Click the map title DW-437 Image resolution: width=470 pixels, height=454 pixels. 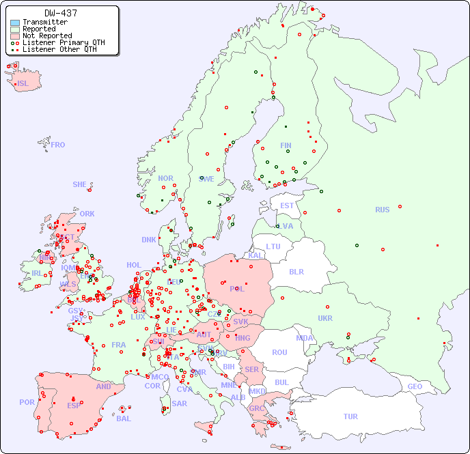pyautogui.click(x=61, y=13)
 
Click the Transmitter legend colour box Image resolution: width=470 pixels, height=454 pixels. pyautogui.click(x=15, y=23)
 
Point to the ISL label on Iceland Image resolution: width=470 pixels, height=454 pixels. pyautogui.click(x=23, y=84)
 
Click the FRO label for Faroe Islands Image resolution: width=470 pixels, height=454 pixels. pyautogui.click(x=58, y=145)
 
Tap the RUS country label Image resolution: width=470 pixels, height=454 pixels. pyautogui.click(x=382, y=210)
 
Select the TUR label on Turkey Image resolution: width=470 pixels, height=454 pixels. pyautogui.click(x=350, y=416)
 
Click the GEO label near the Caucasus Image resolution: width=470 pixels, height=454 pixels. pyautogui.click(x=415, y=386)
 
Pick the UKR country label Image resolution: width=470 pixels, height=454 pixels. pyautogui.click(x=325, y=318)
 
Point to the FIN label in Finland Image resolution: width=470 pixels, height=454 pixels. pyautogui.click(x=286, y=145)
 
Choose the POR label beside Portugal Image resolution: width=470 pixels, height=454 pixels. pyautogui.click(x=27, y=402)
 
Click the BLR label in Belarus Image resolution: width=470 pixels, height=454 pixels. pyautogui.click(x=296, y=272)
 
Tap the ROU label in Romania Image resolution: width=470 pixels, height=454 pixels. pyautogui.click(x=279, y=352)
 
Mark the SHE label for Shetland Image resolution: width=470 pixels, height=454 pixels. pyautogui.click(x=79, y=184)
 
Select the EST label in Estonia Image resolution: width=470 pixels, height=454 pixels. pyautogui.click(x=287, y=205)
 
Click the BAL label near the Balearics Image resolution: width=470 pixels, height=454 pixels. pyautogui.click(x=124, y=418)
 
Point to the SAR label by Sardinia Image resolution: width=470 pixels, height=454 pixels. pyautogui.click(x=180, y=403)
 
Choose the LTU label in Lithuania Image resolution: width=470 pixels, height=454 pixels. pyautogui.click(x=273, y=246)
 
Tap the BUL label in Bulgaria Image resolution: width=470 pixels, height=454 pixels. pyautogui.click(x=281, y=382)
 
